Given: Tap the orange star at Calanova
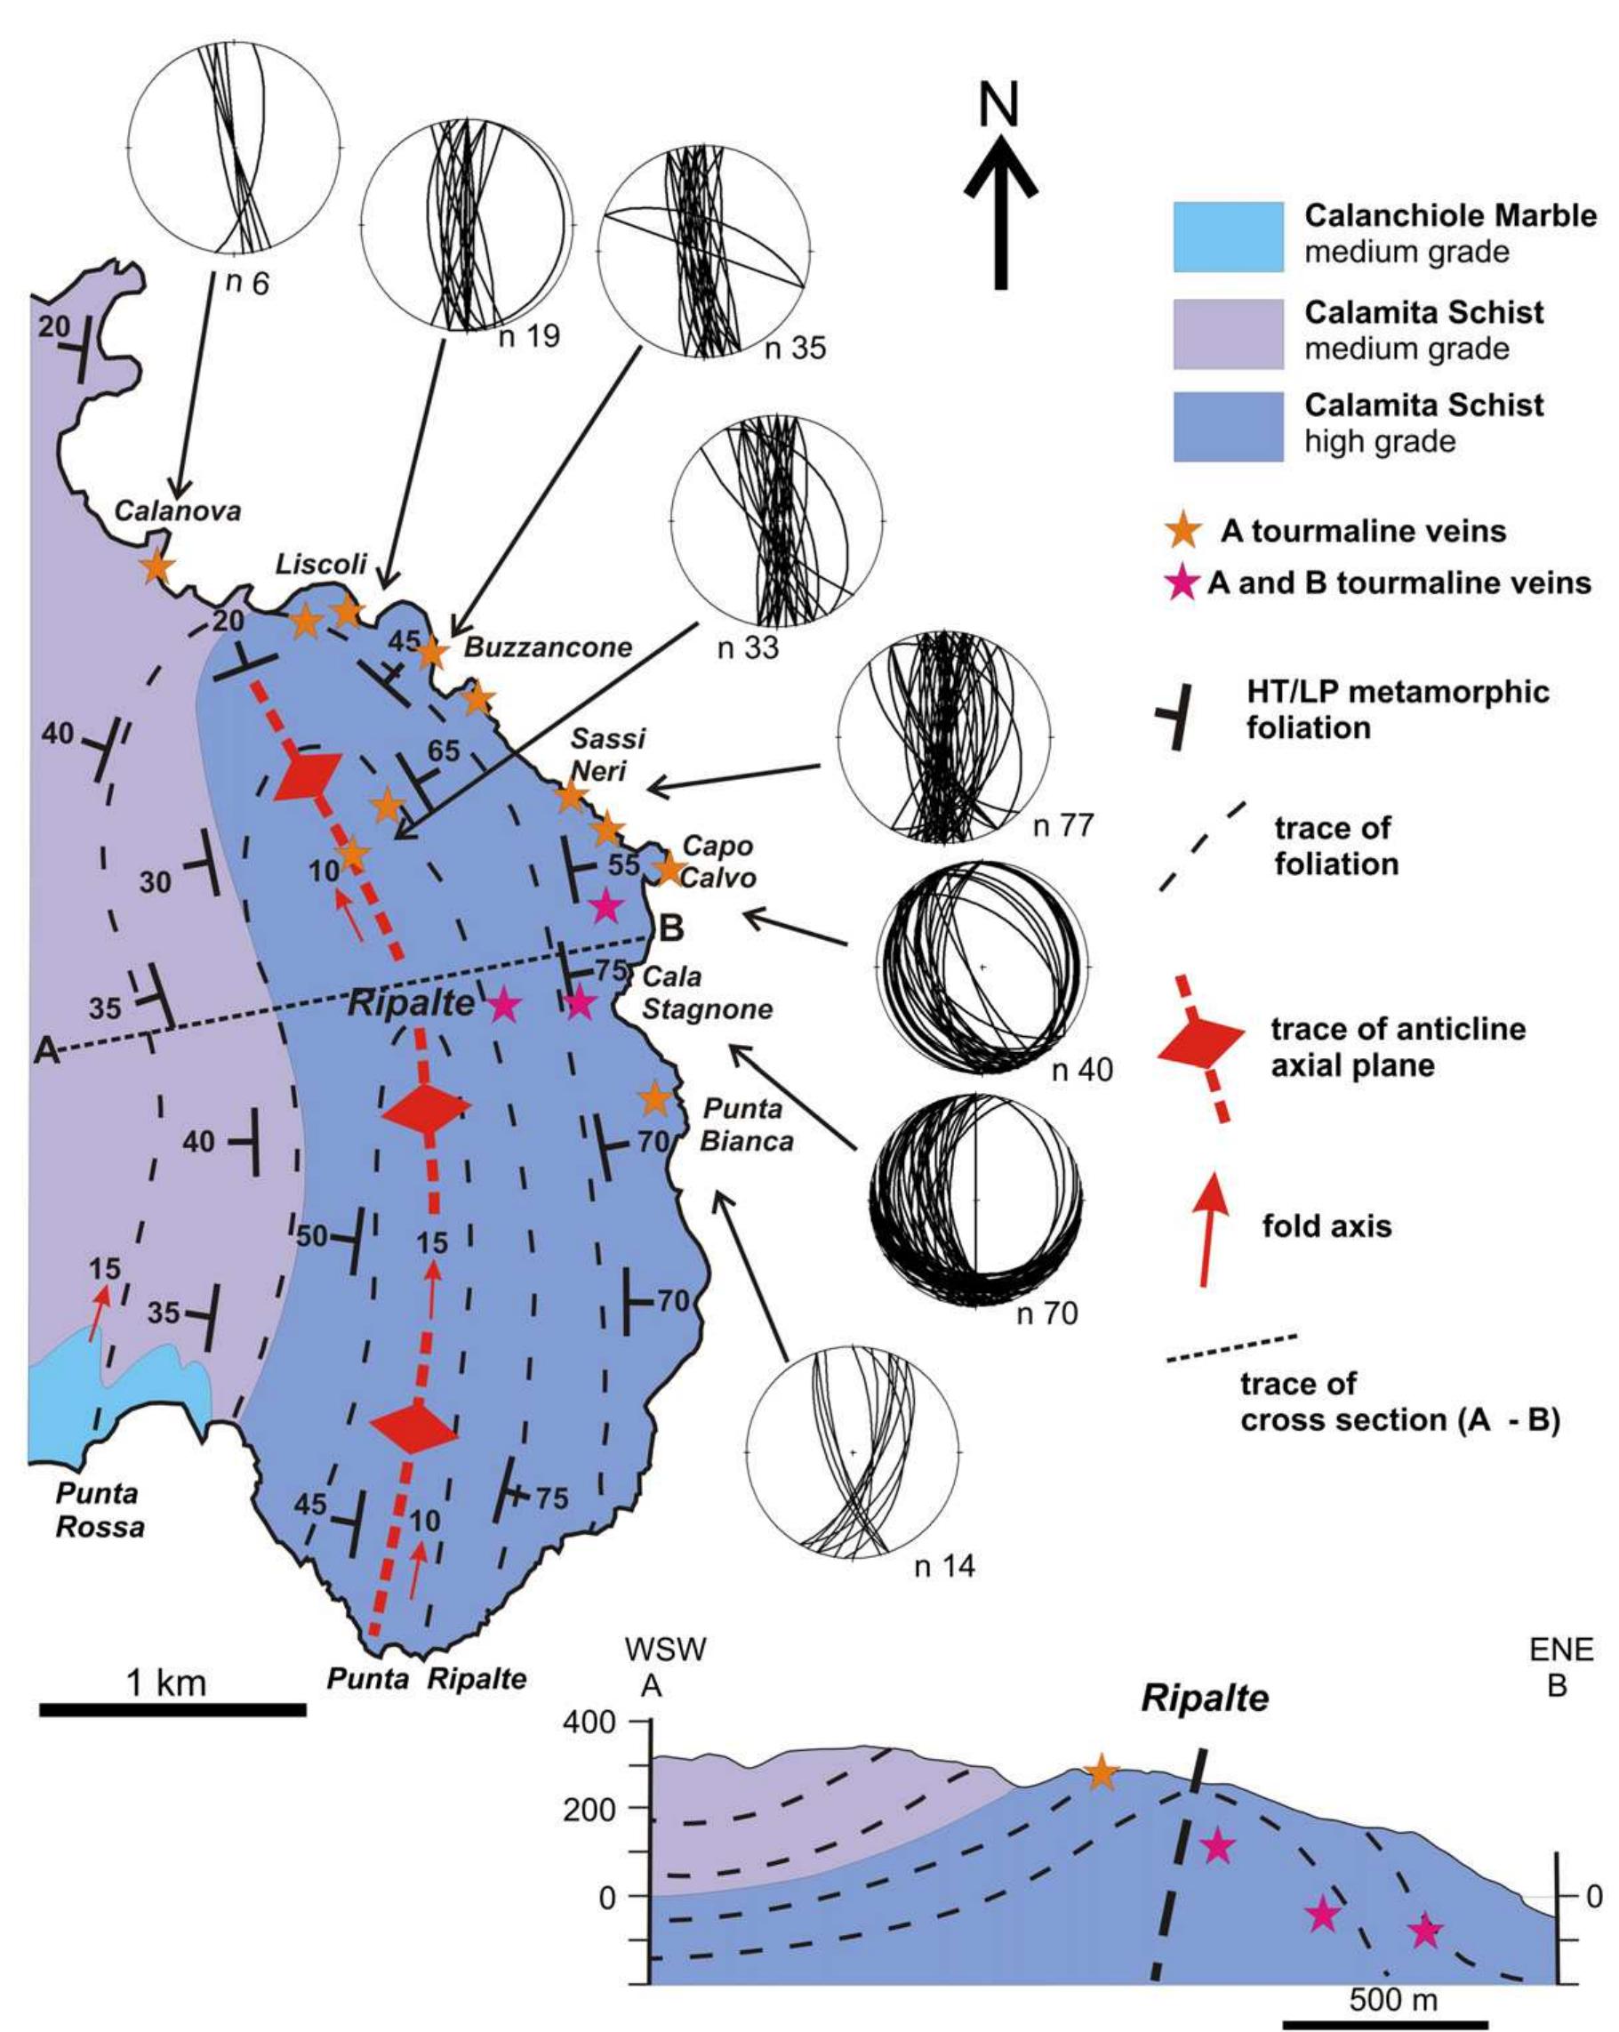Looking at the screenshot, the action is (x=156, y=566).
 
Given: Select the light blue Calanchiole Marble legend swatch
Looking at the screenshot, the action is (x=1227, y=236).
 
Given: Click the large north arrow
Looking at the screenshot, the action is (x=1000, y=207).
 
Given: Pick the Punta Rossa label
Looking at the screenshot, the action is (x=99, y=1509).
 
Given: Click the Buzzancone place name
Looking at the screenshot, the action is (x=548, y=647).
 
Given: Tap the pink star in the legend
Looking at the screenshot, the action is (x=1182, y=584).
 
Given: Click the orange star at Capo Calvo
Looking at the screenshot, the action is (x=669, y=868).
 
